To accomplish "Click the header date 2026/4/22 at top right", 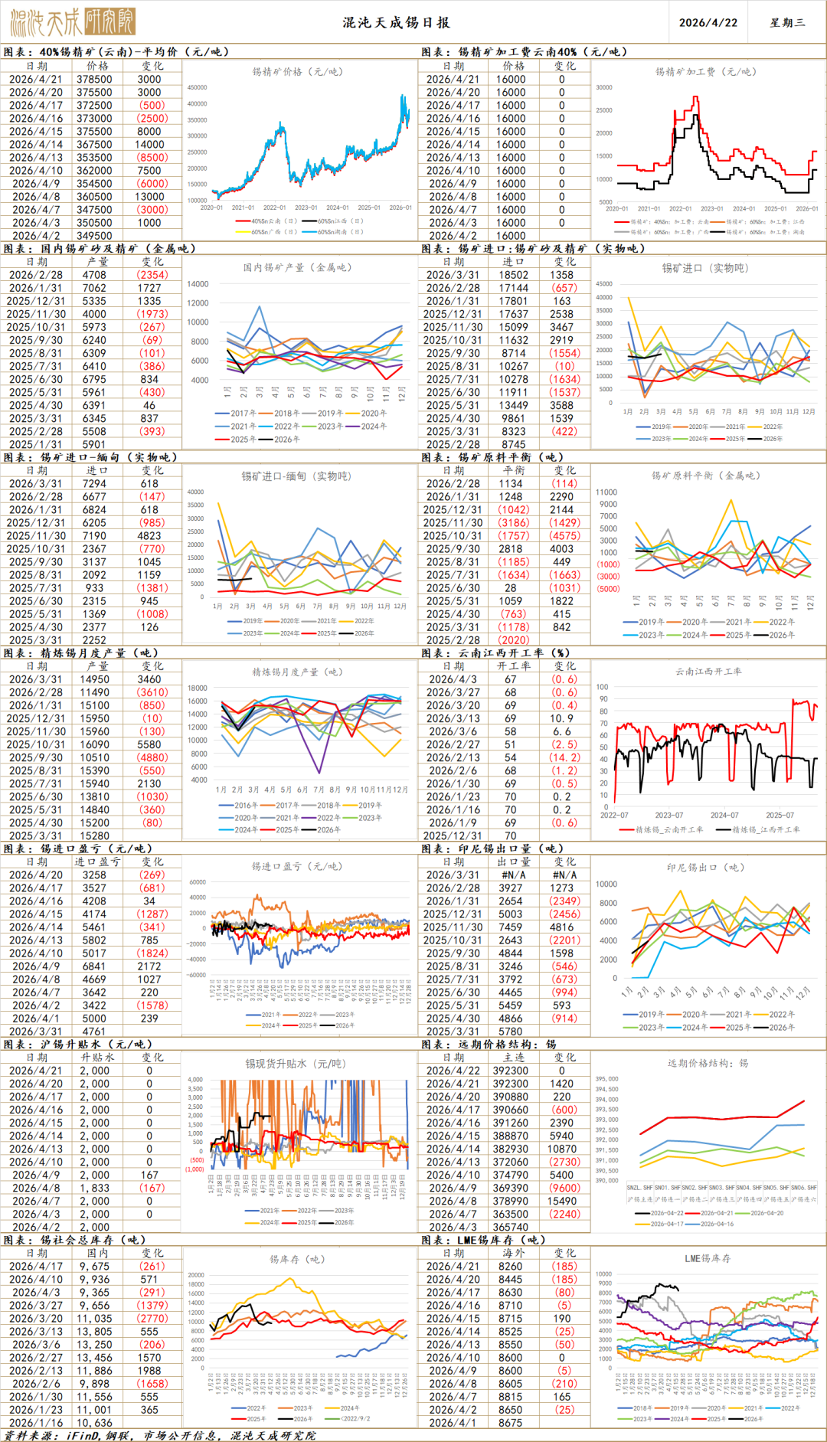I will [708, 22].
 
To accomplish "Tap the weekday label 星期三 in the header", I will [787, 22].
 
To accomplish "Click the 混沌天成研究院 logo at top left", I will [73, 22].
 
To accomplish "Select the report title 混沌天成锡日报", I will [396, 22].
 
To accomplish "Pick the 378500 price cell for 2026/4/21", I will [94, 79].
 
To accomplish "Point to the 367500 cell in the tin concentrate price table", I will [94, 144].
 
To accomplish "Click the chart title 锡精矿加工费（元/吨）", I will [705, 72].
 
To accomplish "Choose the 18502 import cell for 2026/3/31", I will [514, 275].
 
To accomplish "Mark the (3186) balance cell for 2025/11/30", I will [514, 522].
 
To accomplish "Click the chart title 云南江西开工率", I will [708, 672].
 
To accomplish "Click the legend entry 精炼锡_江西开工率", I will [766, 829].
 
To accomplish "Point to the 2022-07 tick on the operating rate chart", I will [614, 815].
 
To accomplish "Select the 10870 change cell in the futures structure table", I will [562, 1149].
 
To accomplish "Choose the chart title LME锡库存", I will [707, 1259].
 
